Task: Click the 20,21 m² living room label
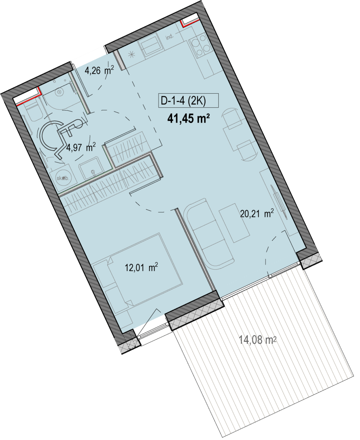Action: [257, 214]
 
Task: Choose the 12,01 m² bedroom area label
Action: [141, 267]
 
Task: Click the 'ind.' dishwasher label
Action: [170, 37]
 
